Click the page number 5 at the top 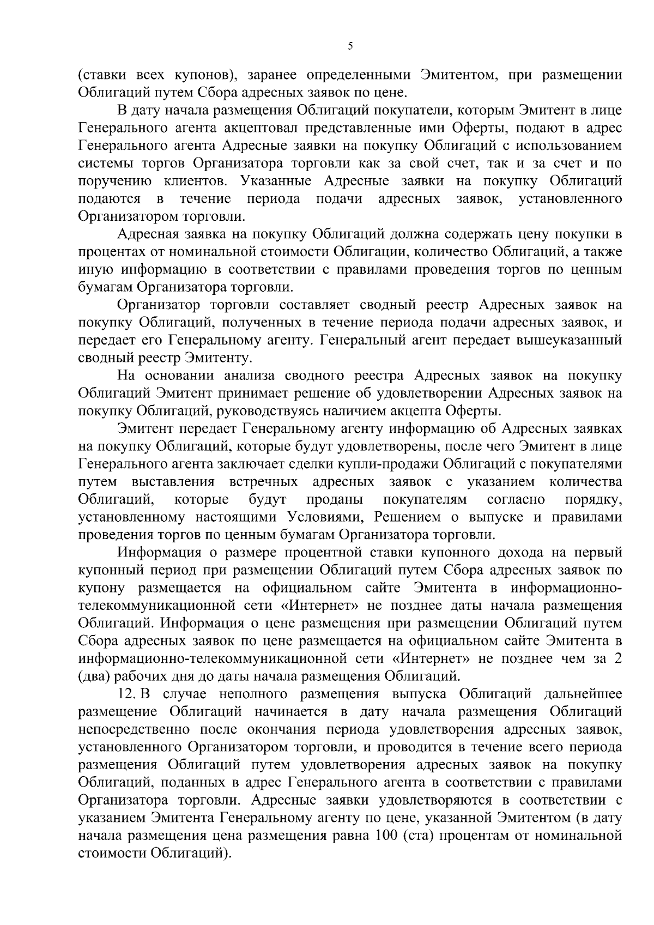(x=350, y=46)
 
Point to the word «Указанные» (x=278, y=181)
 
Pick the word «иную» (x=95, y=270)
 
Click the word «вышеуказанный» (x=568, y=341)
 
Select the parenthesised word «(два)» (x=95, y=678)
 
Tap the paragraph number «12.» (x=127, y=695)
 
